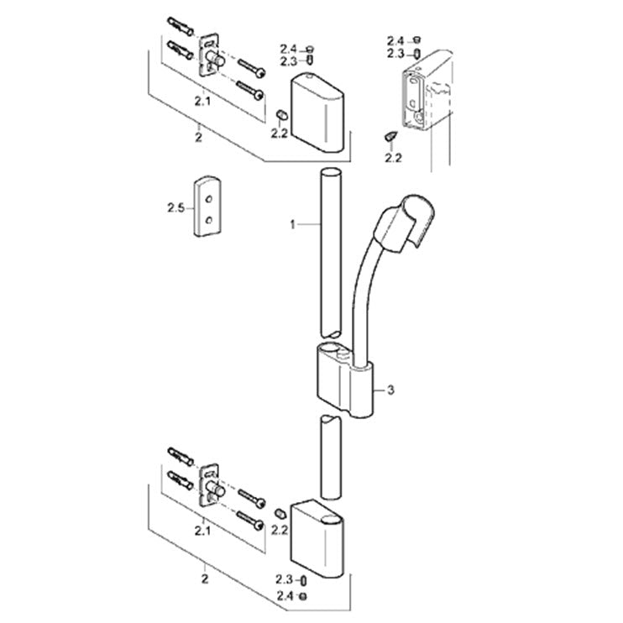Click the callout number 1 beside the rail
(x=293, y=225)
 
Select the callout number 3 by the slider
(x=391, y=390)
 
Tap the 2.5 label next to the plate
(x=176, y=207)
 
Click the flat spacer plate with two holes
(x=207, y=206)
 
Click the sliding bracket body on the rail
(x=345, y=380)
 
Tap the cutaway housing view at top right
(x=427, y=91)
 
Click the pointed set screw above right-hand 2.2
(x=390, y=136)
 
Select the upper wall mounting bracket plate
(x=209, y=55)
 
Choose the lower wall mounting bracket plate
(x=209, y=485)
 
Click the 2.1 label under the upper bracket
(x=202, y=102)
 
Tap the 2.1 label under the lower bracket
(x=202, y=531)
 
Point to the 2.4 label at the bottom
(x=285, y=595)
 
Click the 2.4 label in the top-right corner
(x=395, y=40)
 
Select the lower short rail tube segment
(x=331, y=457)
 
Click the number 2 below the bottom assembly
(x=205, y=578)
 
